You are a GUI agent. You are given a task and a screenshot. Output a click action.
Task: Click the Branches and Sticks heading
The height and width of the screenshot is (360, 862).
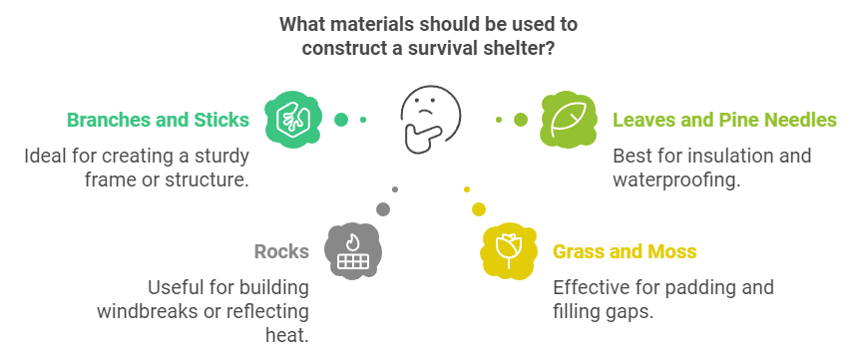pyautogui.click(x=158, y=121)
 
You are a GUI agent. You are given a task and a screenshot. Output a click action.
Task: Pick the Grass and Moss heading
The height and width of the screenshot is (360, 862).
pyautogui.click(x=625, y=251)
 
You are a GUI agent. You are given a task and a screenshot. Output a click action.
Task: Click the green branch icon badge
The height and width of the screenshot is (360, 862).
pyautogui.click(x=286, y=119)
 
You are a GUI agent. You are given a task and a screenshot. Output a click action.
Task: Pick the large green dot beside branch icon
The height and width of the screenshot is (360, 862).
pyautogui.click(x=341, y=120)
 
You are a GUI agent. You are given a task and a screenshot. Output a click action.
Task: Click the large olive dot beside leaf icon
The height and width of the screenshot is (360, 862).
pyautogui.click(x=520, y=120)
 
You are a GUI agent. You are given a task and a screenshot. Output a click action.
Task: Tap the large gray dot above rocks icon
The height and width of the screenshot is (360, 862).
pyautogui.click(x=383, y=207)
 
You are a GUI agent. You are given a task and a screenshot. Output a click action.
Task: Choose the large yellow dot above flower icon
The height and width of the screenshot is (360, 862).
pyautogui.click(x=479, y=208)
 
